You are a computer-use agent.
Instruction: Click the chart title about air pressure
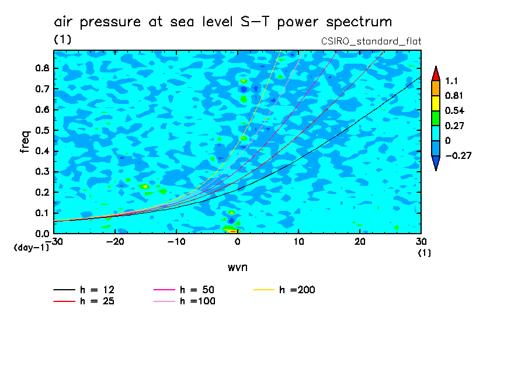[223, 23]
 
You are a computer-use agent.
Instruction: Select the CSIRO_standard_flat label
[371, 41]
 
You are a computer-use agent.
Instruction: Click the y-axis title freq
[25, 142]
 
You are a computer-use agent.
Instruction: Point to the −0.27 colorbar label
[459, 156]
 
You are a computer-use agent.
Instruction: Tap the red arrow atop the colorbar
[435, 74]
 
